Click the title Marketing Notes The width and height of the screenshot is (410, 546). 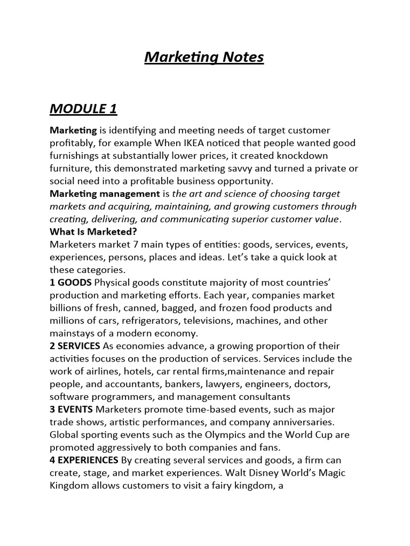click(204, 57)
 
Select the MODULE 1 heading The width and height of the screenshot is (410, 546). click(83, 109)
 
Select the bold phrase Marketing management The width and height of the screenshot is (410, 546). click(105, 194)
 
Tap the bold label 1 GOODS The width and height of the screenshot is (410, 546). click(71, 282)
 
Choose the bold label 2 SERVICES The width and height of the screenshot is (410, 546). click(75, 346)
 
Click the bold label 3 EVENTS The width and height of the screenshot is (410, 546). click(71, 409)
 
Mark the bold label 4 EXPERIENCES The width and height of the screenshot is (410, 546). click(84, 460)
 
